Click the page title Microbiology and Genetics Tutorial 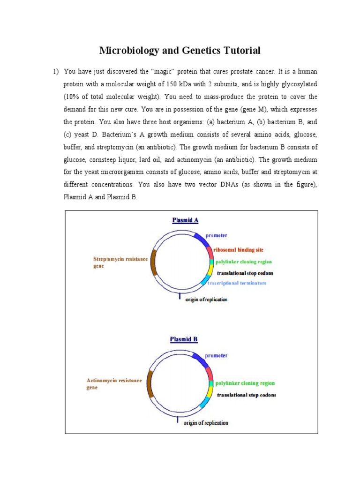click(x=180, y=51)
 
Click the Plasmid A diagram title click(x=185, y=220)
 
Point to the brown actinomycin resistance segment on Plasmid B click(x=150, y=384)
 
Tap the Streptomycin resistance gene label click(x=120, y=262)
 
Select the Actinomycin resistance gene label click(x=114, y=384)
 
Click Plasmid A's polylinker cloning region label click(x=243, y=262)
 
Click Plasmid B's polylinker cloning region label click(x=245, y=383)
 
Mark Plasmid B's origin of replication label click(x=206, y=423)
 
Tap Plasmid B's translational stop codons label click(x=247, y=395)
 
